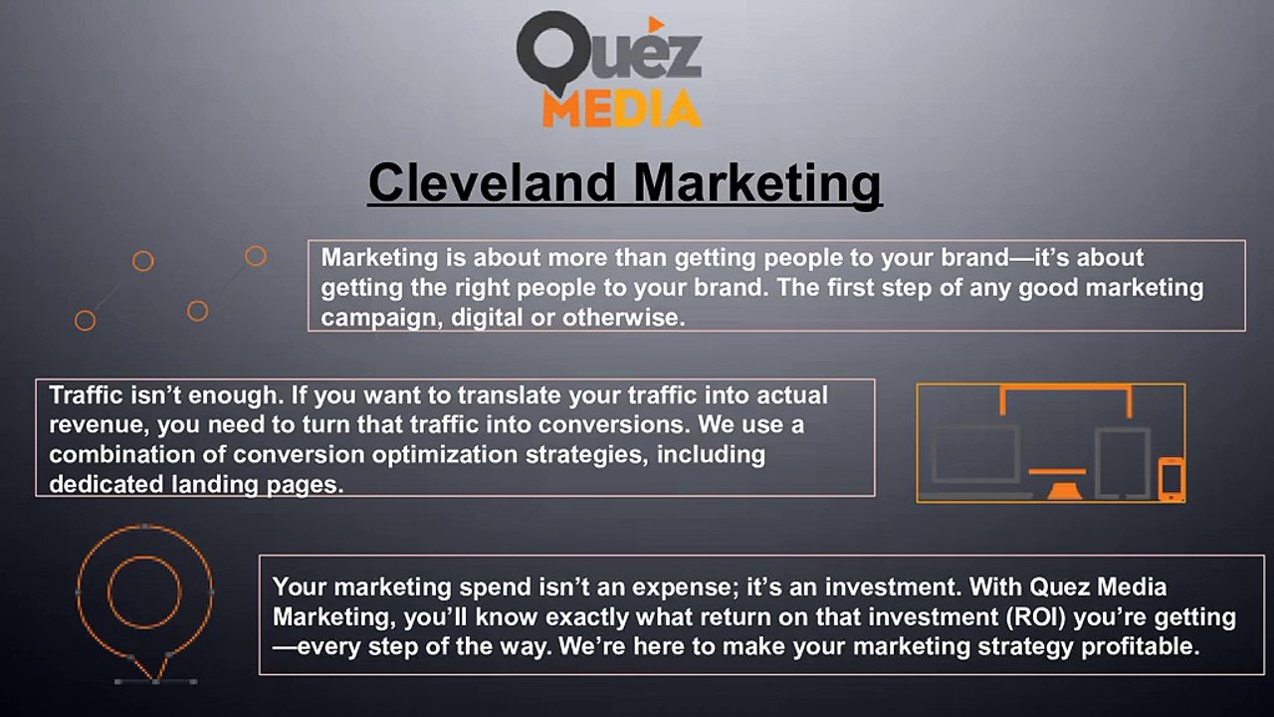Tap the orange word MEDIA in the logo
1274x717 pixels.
tap(621, 108)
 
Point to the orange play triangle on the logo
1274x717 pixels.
tap(656, 23)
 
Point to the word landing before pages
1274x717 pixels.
tap(215, 485)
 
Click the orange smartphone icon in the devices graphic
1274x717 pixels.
tap(1170, 478)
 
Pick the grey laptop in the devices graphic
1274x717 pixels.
tap(974, 459)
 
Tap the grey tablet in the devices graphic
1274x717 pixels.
tap(1122, 462)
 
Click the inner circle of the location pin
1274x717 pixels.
tap(144, 593)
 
